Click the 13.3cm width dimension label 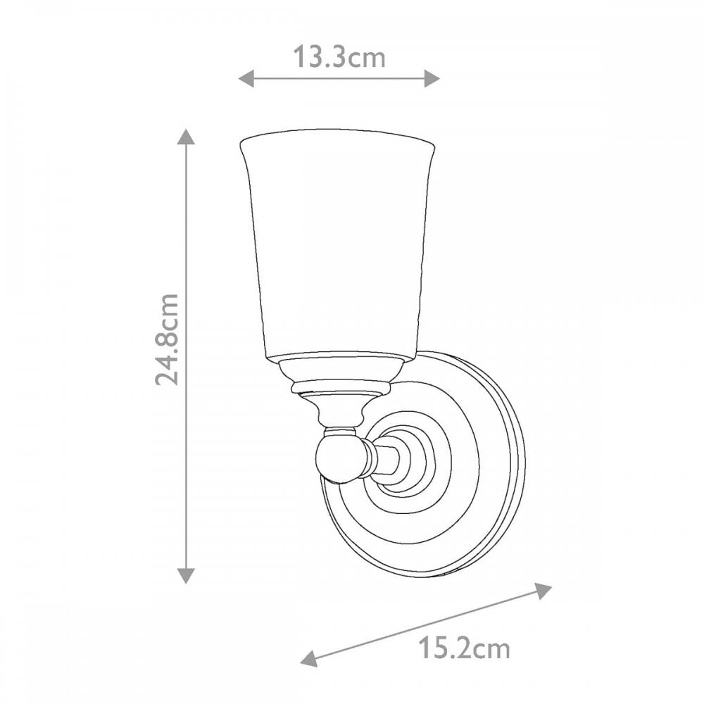click(x=339, y=58)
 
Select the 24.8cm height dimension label click(x=167, y=339)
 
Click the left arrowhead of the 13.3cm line click(x=246, y=79)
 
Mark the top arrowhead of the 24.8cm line click(x=187, y=137)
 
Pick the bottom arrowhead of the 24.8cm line click(x=187, y=575)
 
